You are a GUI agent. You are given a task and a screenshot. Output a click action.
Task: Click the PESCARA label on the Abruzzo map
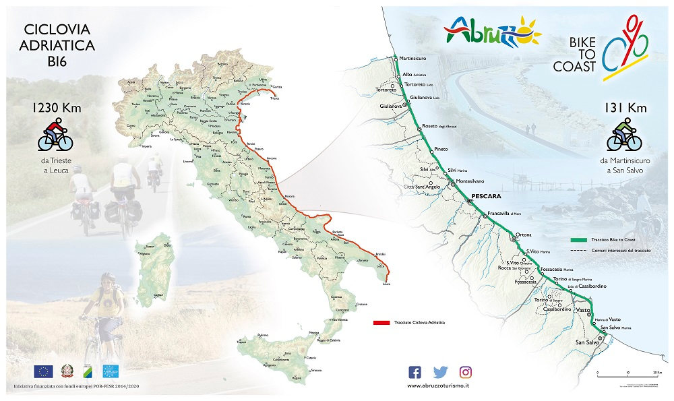pyautogui.click(x=487, y=196)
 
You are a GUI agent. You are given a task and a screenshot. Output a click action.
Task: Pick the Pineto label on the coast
pyautogui.click(x=441, y=148)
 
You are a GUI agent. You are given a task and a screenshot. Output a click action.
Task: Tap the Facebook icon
pyautogui.click(x=415, y=371)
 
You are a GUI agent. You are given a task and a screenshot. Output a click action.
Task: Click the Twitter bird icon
pyautogui.click(x=440, y=371)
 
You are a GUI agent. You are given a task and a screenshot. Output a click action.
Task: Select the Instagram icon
pyautogui.click(x=466, y=371)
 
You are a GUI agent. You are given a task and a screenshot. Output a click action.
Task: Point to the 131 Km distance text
pyautogui.click(x=623, y=107)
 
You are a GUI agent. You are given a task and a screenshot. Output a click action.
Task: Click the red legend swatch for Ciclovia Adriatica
pyautogui.click(x=381, y=322)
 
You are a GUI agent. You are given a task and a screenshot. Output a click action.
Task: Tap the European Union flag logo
pyautogui.click(x=43, y=371)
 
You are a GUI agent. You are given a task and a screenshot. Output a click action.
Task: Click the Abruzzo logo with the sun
pyautogui.click(x=492, y=31)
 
